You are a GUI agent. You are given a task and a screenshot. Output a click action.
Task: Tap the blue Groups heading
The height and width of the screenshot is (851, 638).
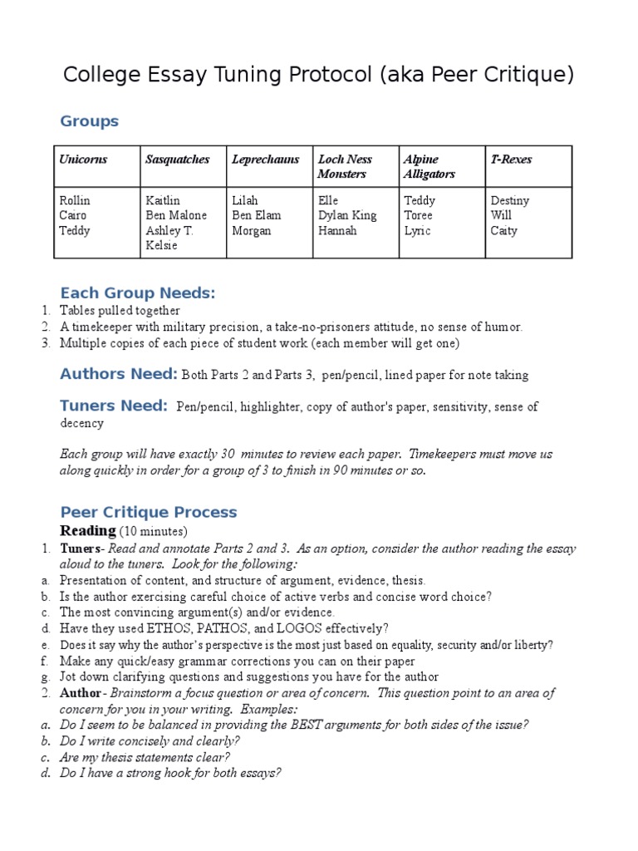[89, 121]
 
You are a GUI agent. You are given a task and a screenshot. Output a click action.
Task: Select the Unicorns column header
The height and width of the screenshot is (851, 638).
[83, 160]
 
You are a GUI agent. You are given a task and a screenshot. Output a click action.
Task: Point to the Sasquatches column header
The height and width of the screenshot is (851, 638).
[177, 160]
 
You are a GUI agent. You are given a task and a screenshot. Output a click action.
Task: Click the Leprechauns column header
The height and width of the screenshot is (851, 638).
[265, 160]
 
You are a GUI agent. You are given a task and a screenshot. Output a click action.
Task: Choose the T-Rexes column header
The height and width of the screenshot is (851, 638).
[511, 160]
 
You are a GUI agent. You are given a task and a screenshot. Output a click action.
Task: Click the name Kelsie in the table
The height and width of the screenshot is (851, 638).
[161, 246]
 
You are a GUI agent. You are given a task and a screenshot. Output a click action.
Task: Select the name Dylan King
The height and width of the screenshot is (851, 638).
[346, 216]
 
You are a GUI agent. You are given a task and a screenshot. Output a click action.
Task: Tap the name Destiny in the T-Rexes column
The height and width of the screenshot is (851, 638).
[509, 201]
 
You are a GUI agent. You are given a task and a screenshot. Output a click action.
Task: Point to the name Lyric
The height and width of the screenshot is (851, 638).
[417, 231]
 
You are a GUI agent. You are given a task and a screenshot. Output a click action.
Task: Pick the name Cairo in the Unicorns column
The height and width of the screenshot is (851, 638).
[74, 216]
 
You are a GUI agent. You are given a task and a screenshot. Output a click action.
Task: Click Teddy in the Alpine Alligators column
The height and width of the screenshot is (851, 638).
[419, 201]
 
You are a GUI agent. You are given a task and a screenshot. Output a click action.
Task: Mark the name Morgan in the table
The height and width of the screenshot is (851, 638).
[251, 231]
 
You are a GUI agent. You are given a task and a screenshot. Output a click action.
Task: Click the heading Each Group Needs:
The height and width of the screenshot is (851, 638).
[137, 293]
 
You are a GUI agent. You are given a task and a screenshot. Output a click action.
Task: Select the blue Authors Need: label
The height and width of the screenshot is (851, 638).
[118, 374]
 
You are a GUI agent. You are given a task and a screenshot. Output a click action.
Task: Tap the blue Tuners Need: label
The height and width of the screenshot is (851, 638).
[114, 406]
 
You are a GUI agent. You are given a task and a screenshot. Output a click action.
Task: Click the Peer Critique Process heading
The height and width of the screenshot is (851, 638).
[149, 512]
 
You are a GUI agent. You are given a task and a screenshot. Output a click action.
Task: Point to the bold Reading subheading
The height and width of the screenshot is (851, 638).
[87, 531]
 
